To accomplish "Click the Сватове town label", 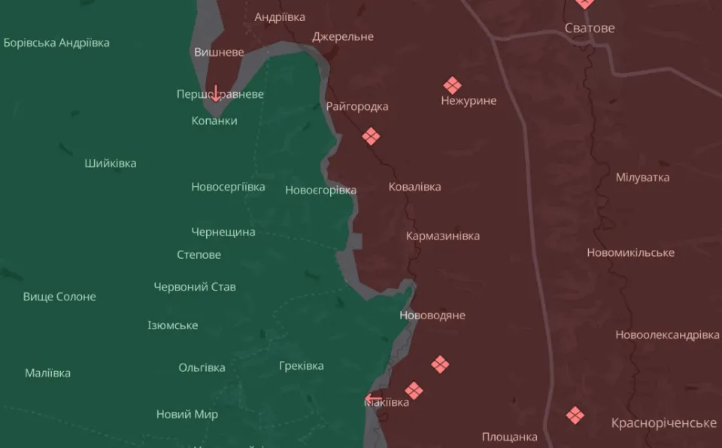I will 590,28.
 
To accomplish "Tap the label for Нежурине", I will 469,101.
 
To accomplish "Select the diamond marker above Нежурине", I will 452,85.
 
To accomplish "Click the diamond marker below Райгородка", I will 371,136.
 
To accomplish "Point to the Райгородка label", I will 357,107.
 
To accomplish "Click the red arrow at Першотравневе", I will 216,93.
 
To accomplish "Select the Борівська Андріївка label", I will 56,43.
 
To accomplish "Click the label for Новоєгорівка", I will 320,190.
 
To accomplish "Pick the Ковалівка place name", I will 414,187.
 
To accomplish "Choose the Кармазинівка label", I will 442,236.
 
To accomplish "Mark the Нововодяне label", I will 432,315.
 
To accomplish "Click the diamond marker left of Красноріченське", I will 575,415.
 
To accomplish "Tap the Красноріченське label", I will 664,423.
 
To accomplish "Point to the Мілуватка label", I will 642,178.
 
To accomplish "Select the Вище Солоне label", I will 59,297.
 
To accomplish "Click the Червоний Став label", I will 195,287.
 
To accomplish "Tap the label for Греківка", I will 301,366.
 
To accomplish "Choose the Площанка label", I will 510,437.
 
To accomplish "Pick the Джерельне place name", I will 343,37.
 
